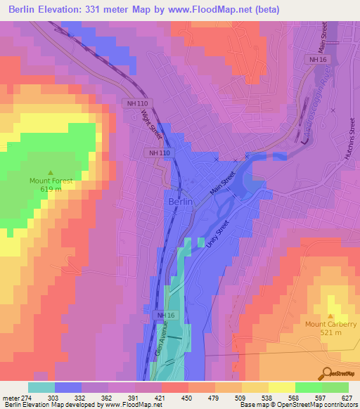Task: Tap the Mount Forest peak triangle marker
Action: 51,172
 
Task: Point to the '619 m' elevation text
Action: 51,189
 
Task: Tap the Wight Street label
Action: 151,124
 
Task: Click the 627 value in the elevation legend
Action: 348,397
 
